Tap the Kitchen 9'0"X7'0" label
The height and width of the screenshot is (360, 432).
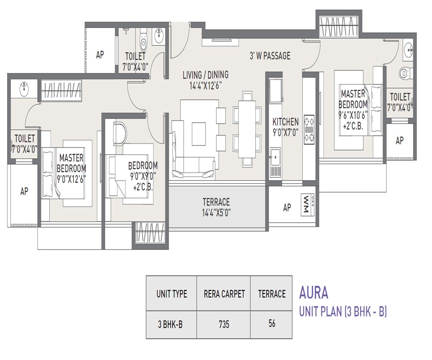tap(285, 127)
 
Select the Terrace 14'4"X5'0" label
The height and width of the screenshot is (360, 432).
tap(216, 207)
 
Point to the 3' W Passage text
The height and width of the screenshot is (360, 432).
tap(270, 56)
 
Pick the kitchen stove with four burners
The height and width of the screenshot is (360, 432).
tap(309, 129)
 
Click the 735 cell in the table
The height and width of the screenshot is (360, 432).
tap(224, 324)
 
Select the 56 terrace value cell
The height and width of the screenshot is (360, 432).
tap(271, 323)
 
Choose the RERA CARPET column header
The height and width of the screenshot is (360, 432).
tap(224, 294)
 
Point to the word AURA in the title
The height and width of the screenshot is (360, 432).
tap(314, 293)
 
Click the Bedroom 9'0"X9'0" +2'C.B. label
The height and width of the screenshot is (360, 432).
tap(143, 176)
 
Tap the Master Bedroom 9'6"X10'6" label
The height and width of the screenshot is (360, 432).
tap(353, 110)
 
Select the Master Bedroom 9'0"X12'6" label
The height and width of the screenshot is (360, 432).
tap(71, 168)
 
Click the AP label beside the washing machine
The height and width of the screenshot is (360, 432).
tap(287, 207)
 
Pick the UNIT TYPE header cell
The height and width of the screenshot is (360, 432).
tap(172, 294)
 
